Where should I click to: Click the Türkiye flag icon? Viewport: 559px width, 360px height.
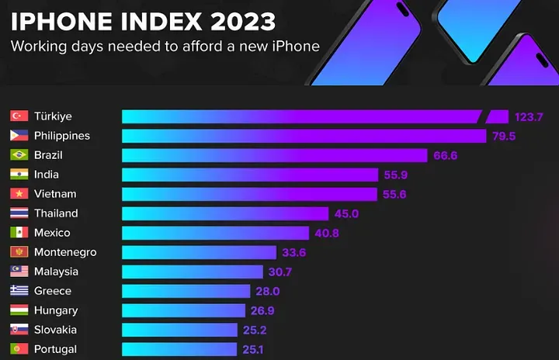19,116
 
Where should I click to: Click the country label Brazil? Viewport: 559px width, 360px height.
48,155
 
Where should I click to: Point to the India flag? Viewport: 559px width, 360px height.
19,175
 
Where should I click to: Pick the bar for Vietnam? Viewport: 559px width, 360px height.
249,194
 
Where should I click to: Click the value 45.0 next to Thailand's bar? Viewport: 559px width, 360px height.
346,213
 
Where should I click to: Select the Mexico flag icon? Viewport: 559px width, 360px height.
19,233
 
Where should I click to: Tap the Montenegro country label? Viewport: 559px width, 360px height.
65,252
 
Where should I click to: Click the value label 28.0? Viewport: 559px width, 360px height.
269,291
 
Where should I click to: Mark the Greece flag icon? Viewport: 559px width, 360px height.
19,291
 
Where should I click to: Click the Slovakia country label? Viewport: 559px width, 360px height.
55,330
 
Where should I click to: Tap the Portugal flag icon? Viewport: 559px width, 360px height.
19,349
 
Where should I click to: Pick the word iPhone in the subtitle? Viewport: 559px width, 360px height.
294,46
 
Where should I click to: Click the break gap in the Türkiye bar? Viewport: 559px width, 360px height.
482,116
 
